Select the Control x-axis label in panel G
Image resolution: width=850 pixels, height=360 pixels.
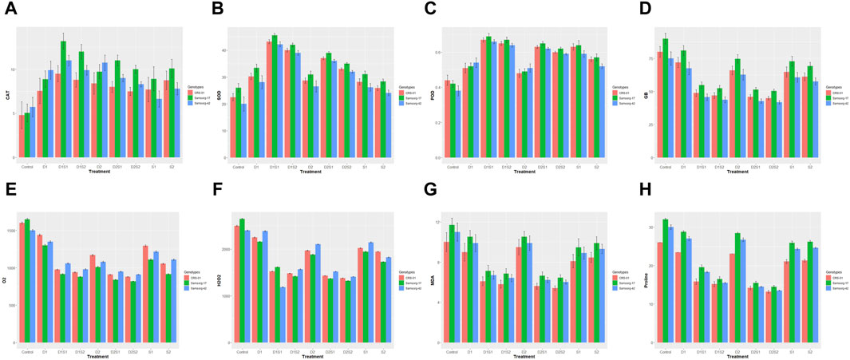coord(453,350)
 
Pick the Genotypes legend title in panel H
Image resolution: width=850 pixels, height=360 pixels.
coord(834,266)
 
